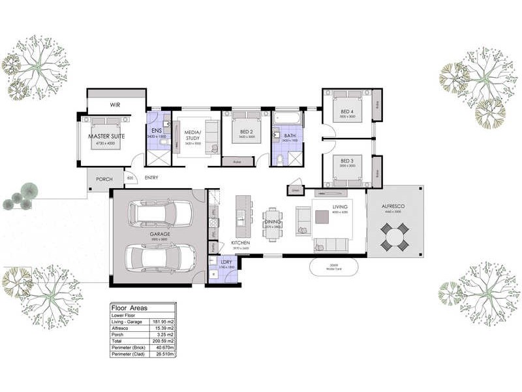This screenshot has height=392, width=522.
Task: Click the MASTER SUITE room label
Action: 106,137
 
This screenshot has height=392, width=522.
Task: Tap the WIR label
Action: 115,105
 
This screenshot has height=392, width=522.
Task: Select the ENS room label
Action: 157,131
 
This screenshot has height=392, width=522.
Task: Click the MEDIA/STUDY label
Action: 194,135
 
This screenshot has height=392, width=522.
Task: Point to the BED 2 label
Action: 246,131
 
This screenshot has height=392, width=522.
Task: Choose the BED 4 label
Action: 347,112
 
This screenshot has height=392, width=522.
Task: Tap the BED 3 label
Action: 347,161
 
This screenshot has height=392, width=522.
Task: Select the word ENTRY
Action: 151,178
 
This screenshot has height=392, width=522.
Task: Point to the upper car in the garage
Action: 160,213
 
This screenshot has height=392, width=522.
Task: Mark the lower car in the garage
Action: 159,258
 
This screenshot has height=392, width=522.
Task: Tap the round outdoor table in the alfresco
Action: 394,236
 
